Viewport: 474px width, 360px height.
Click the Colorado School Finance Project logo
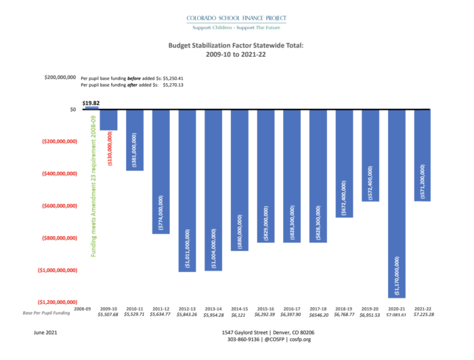(236, 20)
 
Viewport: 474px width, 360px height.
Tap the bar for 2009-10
(108, 120)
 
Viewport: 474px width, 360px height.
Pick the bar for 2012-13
(187, 190)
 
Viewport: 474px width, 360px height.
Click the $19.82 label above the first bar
(90, 102)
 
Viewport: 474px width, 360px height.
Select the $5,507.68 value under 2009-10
(108, 315)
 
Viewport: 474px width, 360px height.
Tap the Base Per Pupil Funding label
(47, 314)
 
